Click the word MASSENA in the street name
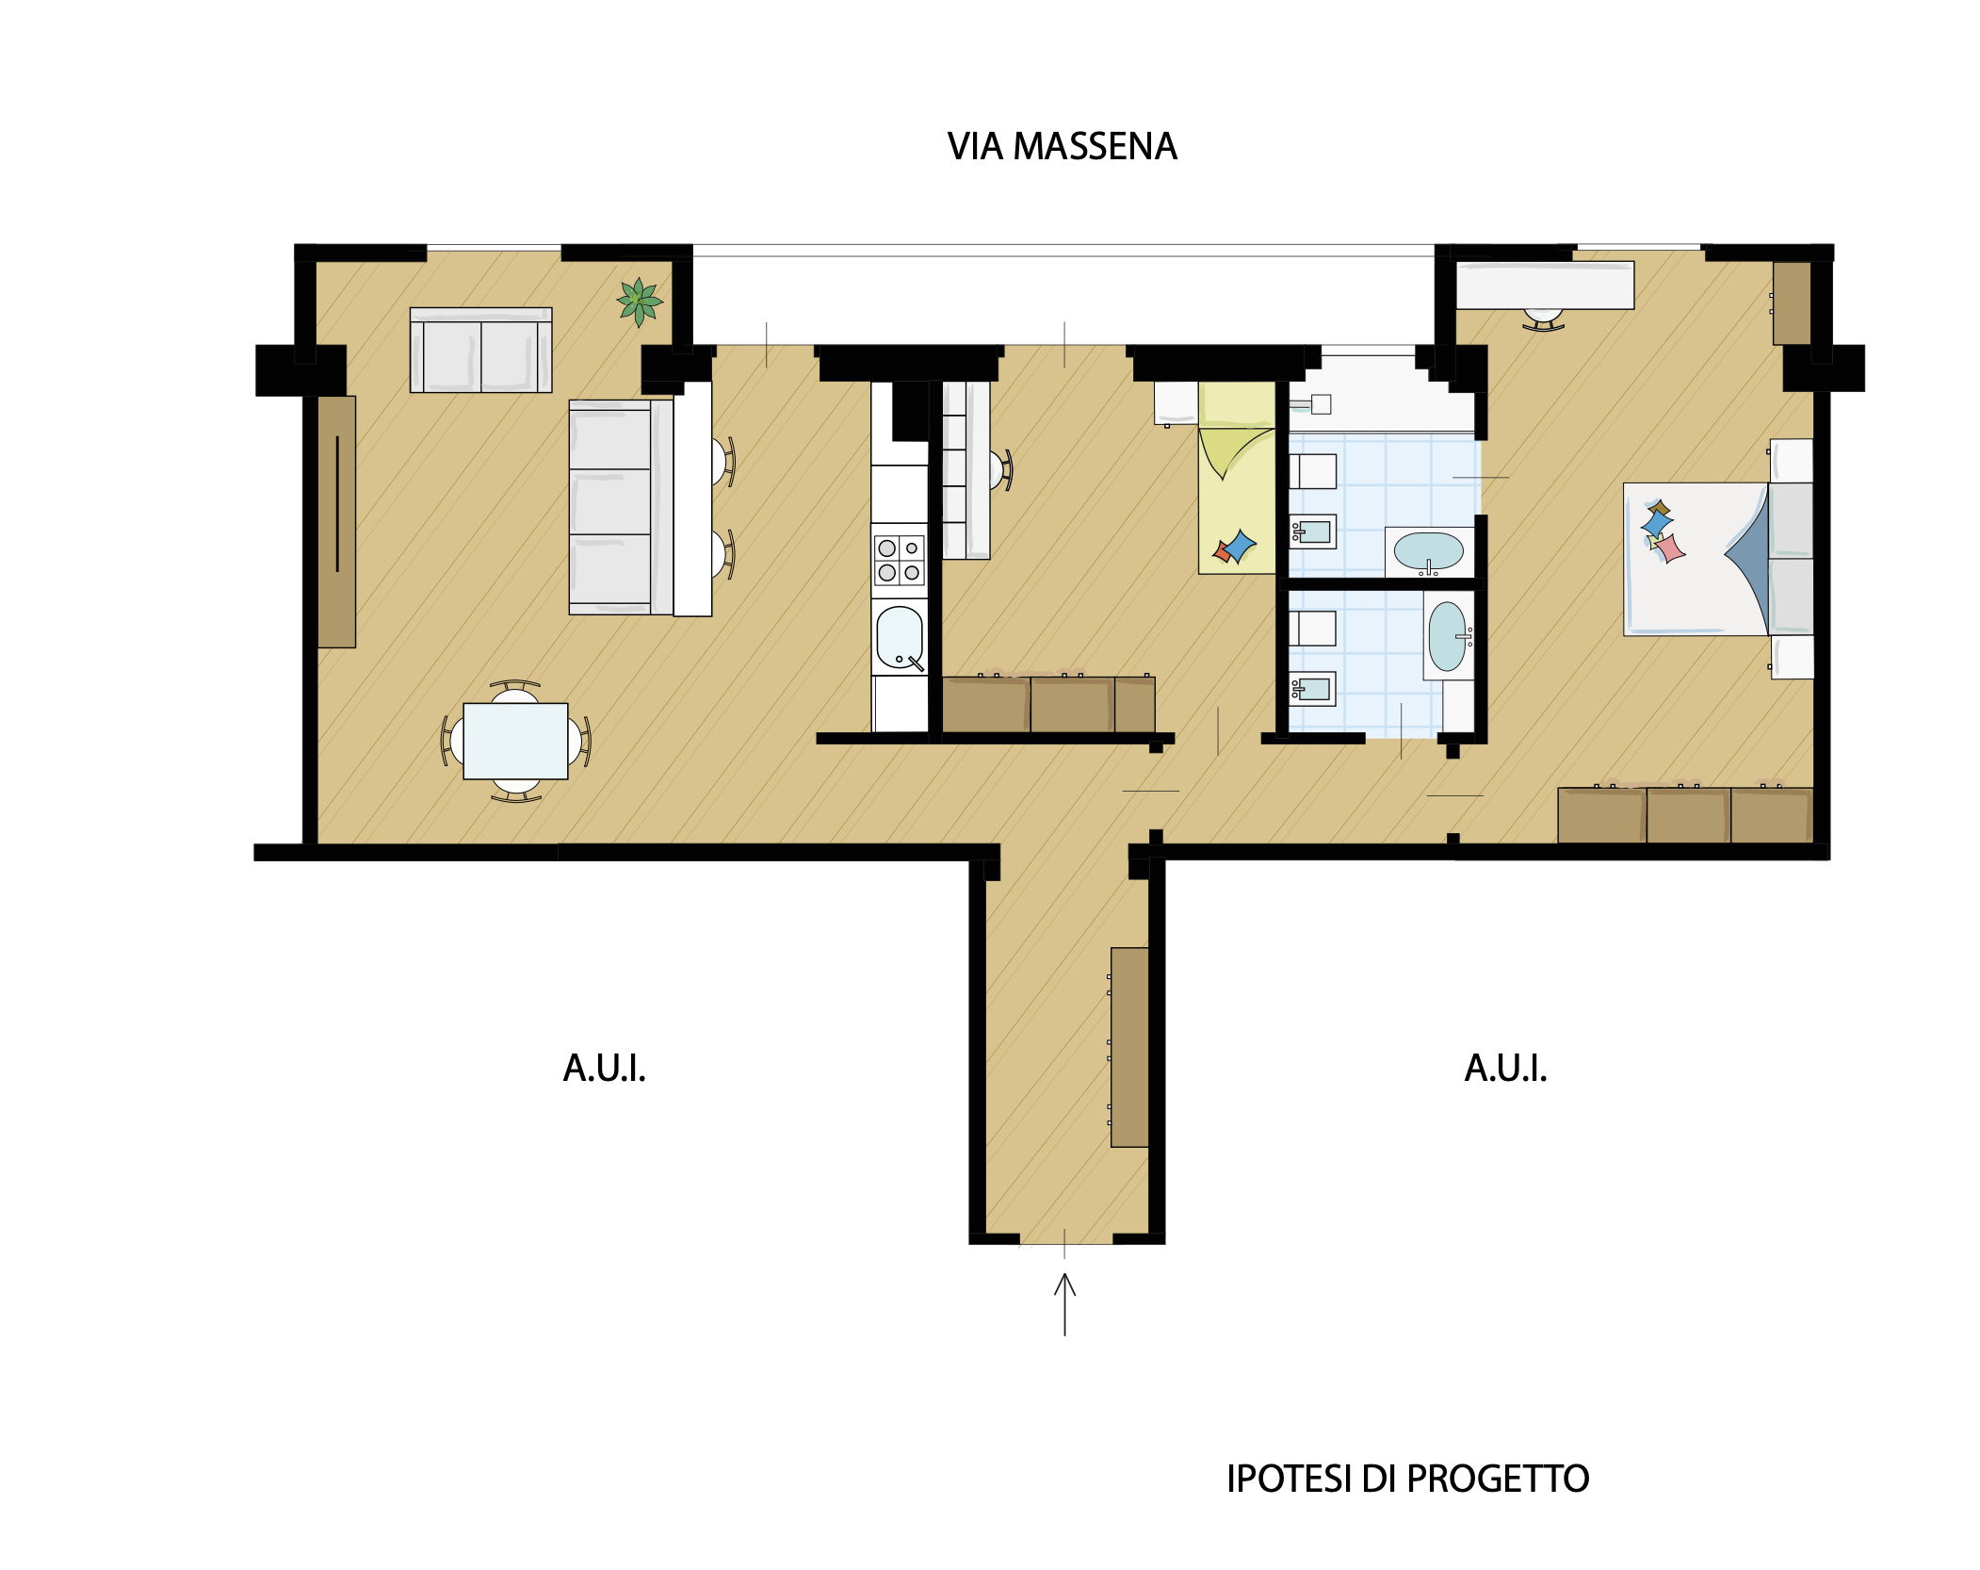coord(1095,147)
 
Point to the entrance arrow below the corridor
coord(1064,1304)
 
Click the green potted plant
coord(640,303)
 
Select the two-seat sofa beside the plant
coord(481,350)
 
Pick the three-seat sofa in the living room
coord(621,508)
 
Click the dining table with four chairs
coord(515,741)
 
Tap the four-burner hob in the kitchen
coord(899,561)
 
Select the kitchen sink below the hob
coord(900,638)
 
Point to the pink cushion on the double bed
coord(1669,548)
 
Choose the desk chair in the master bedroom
coord(1543,320)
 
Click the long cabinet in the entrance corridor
coord(1129,1047)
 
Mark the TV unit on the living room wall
coord(336,521)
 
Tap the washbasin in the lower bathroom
coord(1448,636)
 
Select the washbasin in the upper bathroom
coord(1428,551)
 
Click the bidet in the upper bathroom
coord(1312,532)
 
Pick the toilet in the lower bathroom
coord(1312,629)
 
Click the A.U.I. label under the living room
coord(605,1069)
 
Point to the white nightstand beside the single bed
coord(1177,403)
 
